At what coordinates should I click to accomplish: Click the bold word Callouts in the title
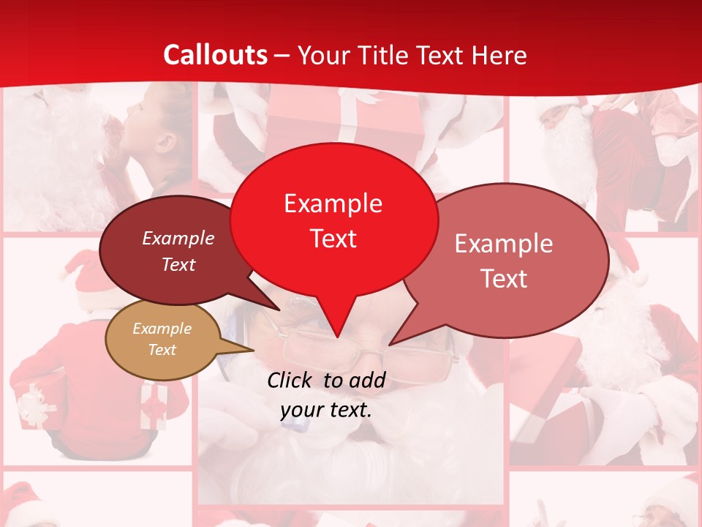[215, 55]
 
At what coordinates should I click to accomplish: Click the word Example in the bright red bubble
[333, 203]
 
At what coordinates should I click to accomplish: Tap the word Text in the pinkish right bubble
[504, 279]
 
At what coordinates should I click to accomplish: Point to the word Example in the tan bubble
[162, 329]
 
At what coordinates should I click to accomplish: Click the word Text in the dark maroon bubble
[178, 265]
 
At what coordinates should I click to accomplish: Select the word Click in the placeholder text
[291, 380]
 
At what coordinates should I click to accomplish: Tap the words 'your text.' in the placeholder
[326, 411]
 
